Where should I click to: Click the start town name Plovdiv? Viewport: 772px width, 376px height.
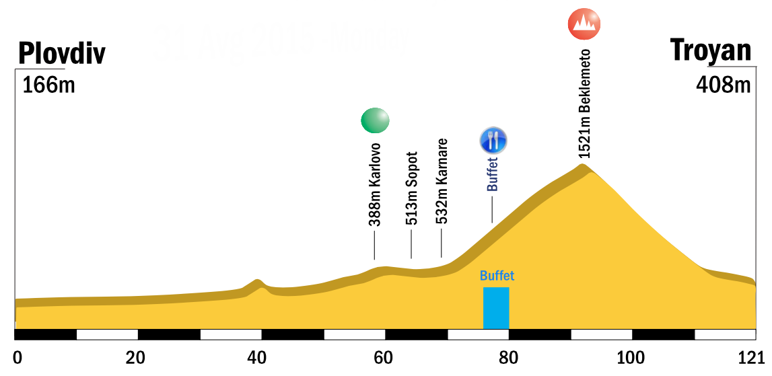[62, 53]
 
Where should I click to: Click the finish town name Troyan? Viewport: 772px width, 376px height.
[710, 50]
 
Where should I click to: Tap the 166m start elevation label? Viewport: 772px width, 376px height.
[48, 86]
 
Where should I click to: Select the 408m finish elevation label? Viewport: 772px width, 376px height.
[723, 86]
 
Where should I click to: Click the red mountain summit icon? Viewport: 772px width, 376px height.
[584, 24]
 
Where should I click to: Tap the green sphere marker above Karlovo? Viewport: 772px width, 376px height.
[375, 120]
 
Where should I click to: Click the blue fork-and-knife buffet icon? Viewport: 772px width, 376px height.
[493, 140]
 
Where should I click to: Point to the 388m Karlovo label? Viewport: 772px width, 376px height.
[375, 184]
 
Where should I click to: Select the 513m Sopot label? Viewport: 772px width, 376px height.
[411, 188]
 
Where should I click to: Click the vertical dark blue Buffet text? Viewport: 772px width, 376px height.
[493, 174]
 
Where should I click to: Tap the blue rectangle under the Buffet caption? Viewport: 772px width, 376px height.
[496, 308]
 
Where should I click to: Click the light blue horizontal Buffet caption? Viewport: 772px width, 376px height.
[497, 276]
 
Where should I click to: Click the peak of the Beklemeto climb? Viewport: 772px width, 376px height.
[583, 166]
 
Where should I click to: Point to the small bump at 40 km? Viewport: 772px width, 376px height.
[257, 281]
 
